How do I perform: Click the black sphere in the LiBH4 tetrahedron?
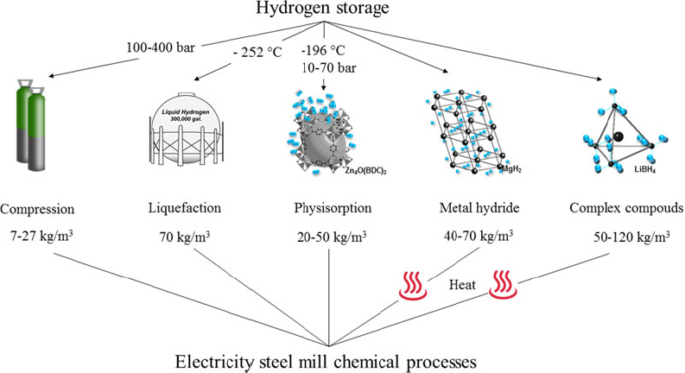click(x=617, y=136)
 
